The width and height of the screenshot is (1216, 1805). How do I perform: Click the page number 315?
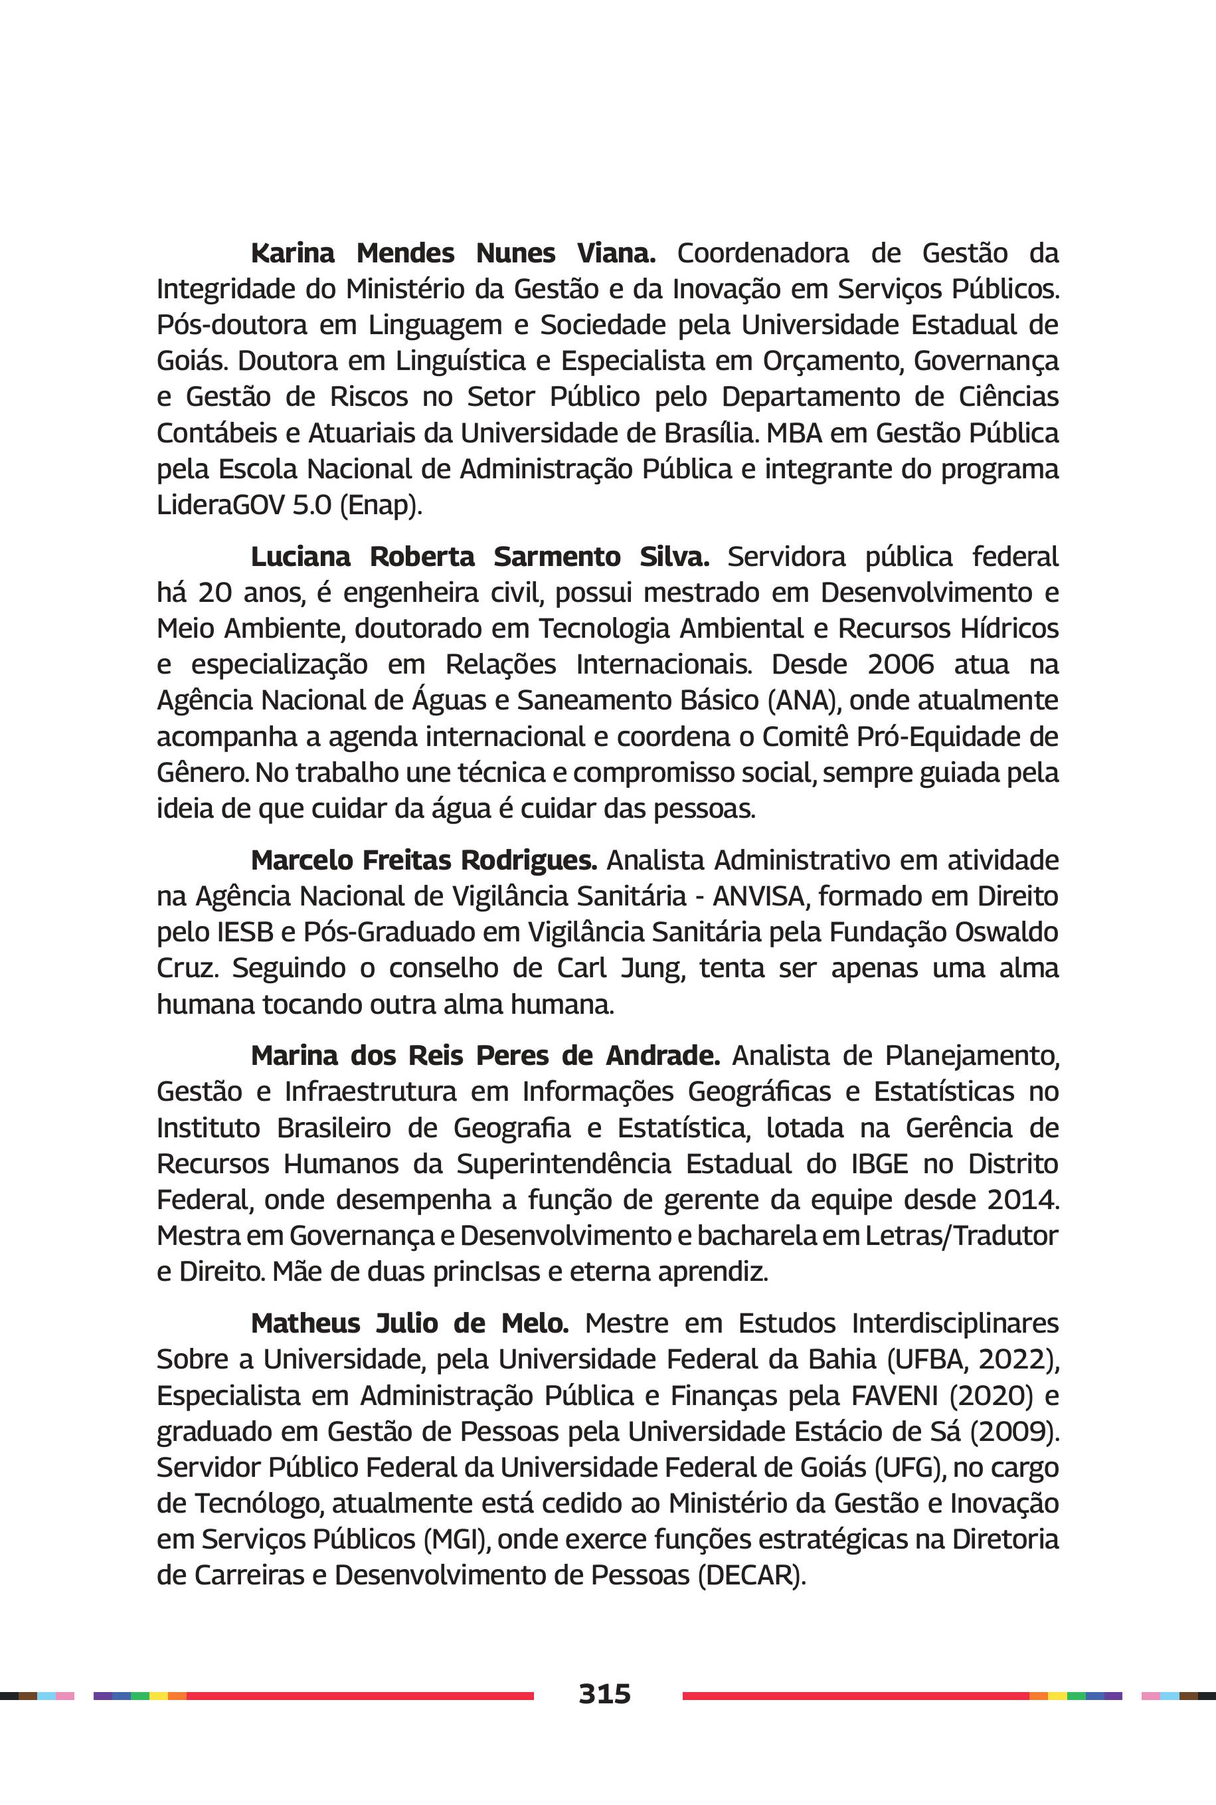pyautogui.click(x=604, y=1693)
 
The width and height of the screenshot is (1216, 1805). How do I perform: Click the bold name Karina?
pyautogui.click(x=292, y=253)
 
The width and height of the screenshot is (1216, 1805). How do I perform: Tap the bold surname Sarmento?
pyautogui.click(x=557, y=556)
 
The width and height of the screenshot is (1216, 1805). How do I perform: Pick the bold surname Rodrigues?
pyautogui.click(x=529, y=860)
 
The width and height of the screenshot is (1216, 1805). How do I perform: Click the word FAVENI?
pyautogui.click(x=896, y=1396)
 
